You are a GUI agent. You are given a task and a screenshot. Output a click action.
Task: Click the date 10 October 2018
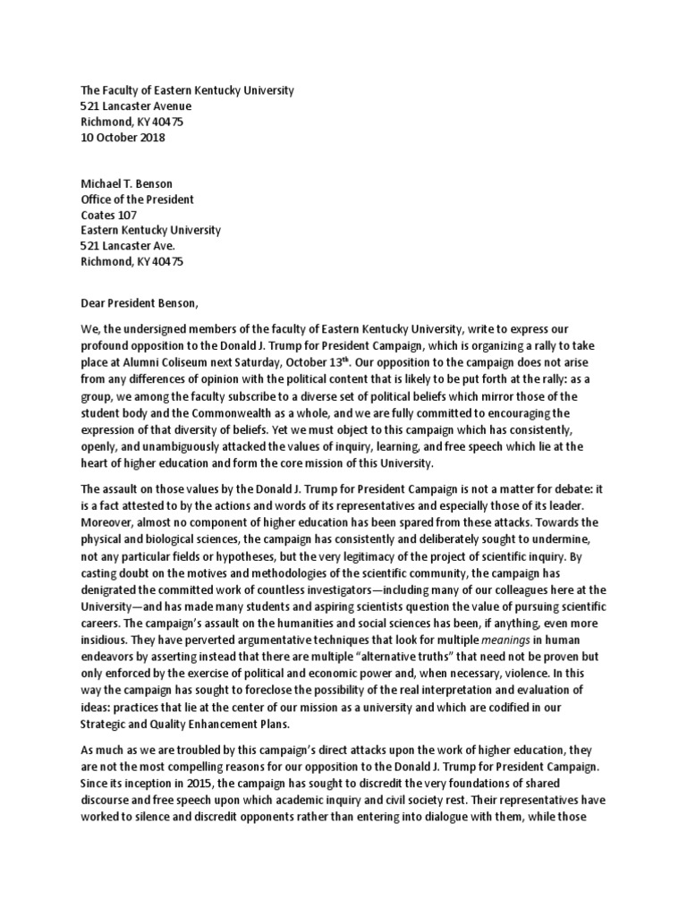pyautogui.click(x=123, y=138)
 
